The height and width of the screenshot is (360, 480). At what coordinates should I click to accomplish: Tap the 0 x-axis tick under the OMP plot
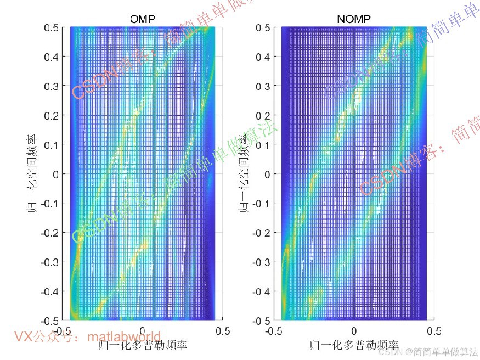143,331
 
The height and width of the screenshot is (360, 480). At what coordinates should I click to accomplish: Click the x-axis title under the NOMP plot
354,345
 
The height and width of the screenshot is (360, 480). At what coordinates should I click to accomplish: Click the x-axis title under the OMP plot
143,345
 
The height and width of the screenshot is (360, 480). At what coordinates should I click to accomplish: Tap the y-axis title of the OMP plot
33,174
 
